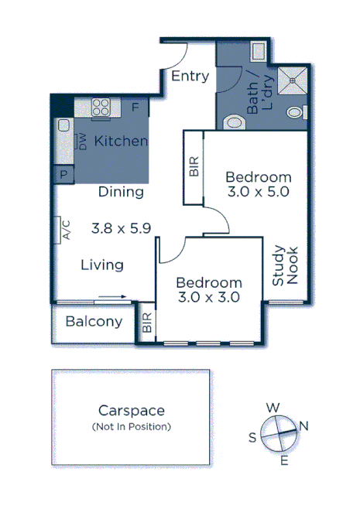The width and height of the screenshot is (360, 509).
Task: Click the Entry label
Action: coord(190,76)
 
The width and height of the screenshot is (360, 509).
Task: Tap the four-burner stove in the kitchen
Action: coord(101,108)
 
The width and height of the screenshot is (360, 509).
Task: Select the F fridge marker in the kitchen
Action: coord(135,108)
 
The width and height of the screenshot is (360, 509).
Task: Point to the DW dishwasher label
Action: coord(82,142)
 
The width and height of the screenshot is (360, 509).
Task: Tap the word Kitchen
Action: coord(121,141)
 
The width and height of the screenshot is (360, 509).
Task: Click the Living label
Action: coord(102,265)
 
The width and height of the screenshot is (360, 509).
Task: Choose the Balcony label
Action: coord(93,321)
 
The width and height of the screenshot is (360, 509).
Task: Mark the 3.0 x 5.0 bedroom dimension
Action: coord(258,191)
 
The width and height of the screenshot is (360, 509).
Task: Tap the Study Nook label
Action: coord(286,267)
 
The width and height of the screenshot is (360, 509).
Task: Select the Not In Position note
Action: coord(131,426)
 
